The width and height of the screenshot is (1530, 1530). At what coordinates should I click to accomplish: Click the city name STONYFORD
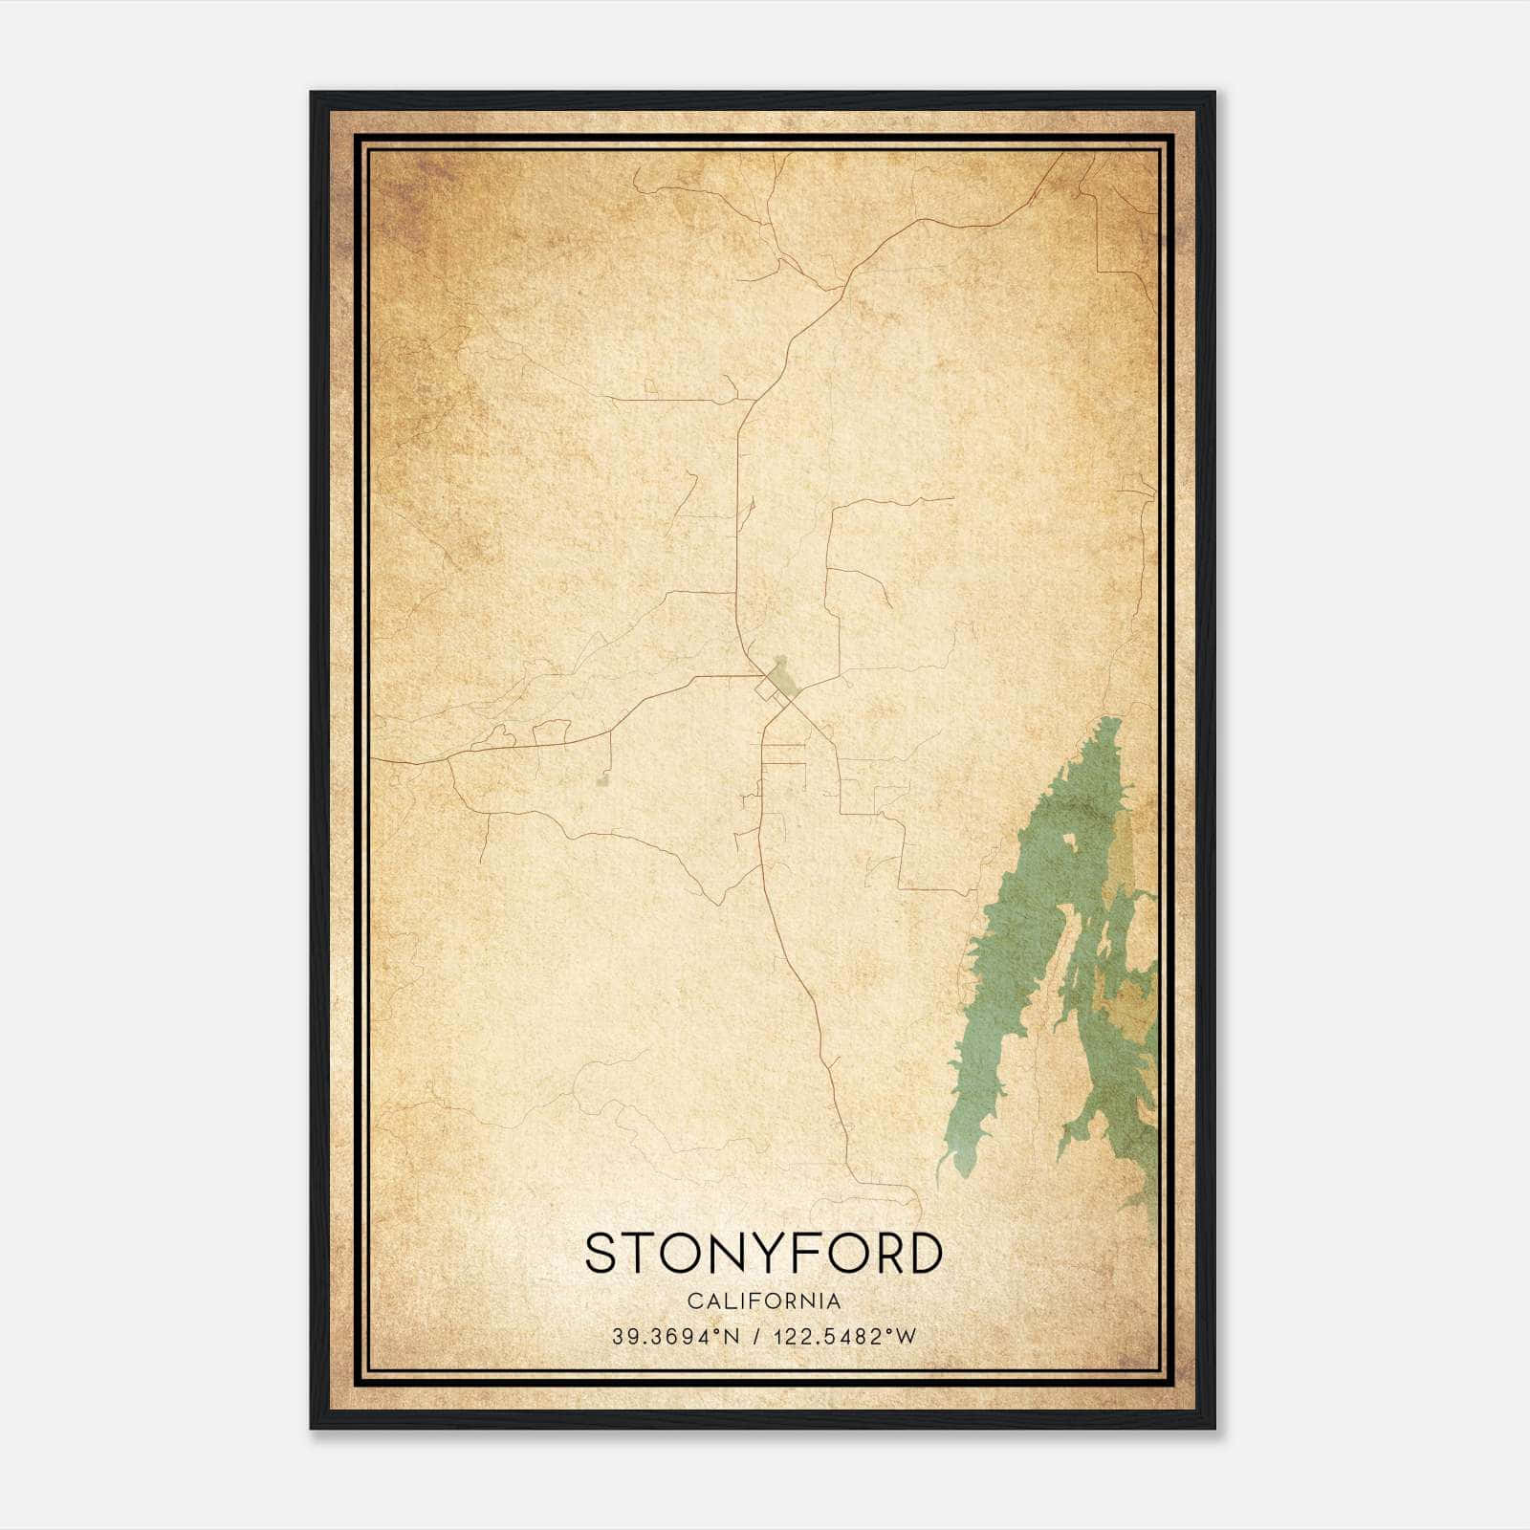coord(763,1254)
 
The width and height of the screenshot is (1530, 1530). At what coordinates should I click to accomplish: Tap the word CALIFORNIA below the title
coord(763,1301)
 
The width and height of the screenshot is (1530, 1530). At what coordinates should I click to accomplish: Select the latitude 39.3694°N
coord(676,1337)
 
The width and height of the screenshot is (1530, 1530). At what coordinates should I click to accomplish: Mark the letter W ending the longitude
coord(906,1337)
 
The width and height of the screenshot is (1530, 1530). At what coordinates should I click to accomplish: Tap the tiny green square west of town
coord(601,782)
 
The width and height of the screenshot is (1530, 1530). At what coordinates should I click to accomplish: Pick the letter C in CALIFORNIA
coord(692,1301)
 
